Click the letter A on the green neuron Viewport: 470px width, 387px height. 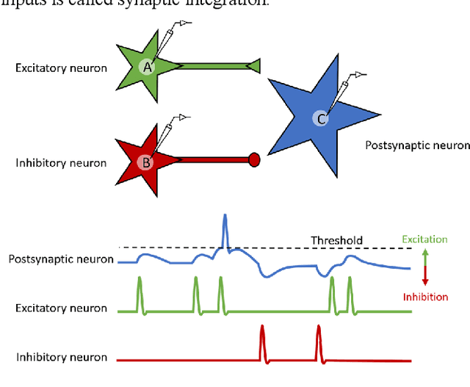(x=147, y=68)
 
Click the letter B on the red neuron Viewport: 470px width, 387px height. (x=147, y=162)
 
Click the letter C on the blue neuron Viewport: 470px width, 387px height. (x=319, y=117)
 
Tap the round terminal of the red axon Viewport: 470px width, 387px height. (x=255, y=159)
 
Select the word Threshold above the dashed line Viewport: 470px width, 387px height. (x=336, y=240)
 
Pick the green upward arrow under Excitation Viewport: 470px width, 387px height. (x=426, y=257)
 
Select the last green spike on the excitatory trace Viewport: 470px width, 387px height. (x=350, y=295)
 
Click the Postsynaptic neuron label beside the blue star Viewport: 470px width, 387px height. (x=417, y=145)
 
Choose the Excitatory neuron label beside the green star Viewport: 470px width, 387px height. (x=61, y=68)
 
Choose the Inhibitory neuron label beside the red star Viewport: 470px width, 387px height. (x=61, y=162)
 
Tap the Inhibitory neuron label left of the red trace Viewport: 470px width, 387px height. (x=62, y=358)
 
